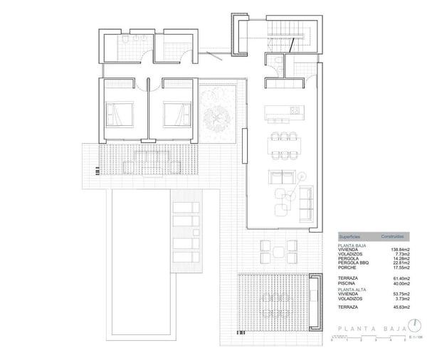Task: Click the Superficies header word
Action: (348, 235)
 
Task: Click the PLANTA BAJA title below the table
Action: (367, 328)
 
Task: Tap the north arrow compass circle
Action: (413, 327)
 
